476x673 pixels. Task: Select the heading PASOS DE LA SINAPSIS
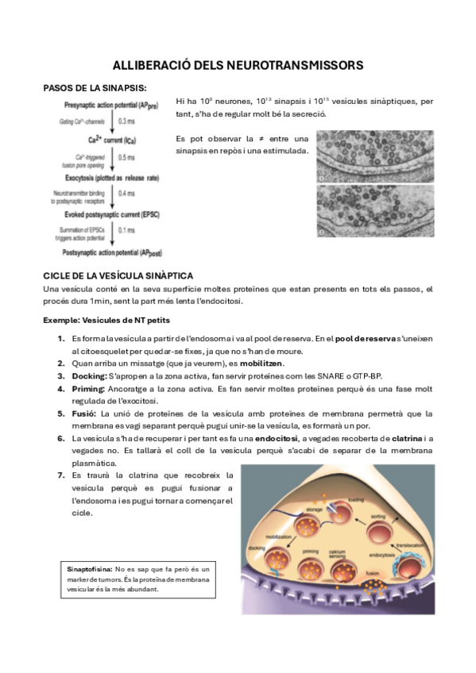94,88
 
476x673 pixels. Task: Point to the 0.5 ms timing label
126,157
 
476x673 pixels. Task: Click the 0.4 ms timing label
126,193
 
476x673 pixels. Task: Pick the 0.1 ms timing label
126,230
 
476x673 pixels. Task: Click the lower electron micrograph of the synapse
375,212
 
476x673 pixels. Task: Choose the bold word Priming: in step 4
88,389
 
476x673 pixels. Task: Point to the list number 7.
60,475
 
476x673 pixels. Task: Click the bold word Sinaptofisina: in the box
89,569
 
